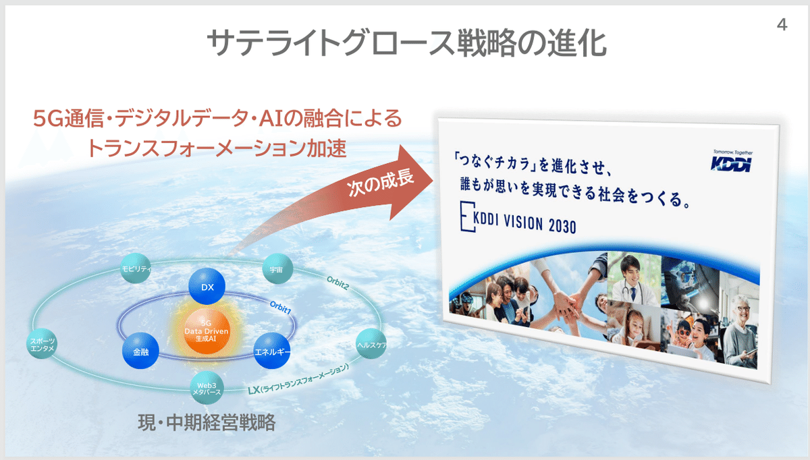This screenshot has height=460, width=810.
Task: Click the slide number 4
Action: click(x=782, y=26)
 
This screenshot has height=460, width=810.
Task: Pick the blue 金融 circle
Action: click(x=140, y=352)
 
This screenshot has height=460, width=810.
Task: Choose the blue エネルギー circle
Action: click(x=272, y=351)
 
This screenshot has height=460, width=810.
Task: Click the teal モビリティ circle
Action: click(x=137, y=268)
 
